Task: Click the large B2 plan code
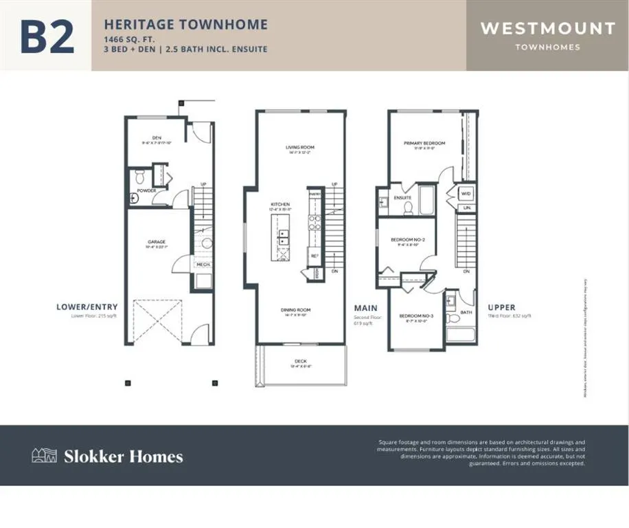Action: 47,37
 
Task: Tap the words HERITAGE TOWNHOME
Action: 185,25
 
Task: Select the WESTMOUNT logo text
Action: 547,29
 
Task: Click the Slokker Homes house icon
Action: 45,455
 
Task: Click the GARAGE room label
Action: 157,242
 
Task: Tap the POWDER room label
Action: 146,190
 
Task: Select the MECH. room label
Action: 203,264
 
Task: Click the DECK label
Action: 300,360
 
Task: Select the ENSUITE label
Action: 402,198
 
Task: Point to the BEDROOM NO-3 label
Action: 414,316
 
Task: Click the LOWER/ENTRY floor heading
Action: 87,307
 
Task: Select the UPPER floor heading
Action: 501,307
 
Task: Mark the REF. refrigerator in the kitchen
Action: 314,256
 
